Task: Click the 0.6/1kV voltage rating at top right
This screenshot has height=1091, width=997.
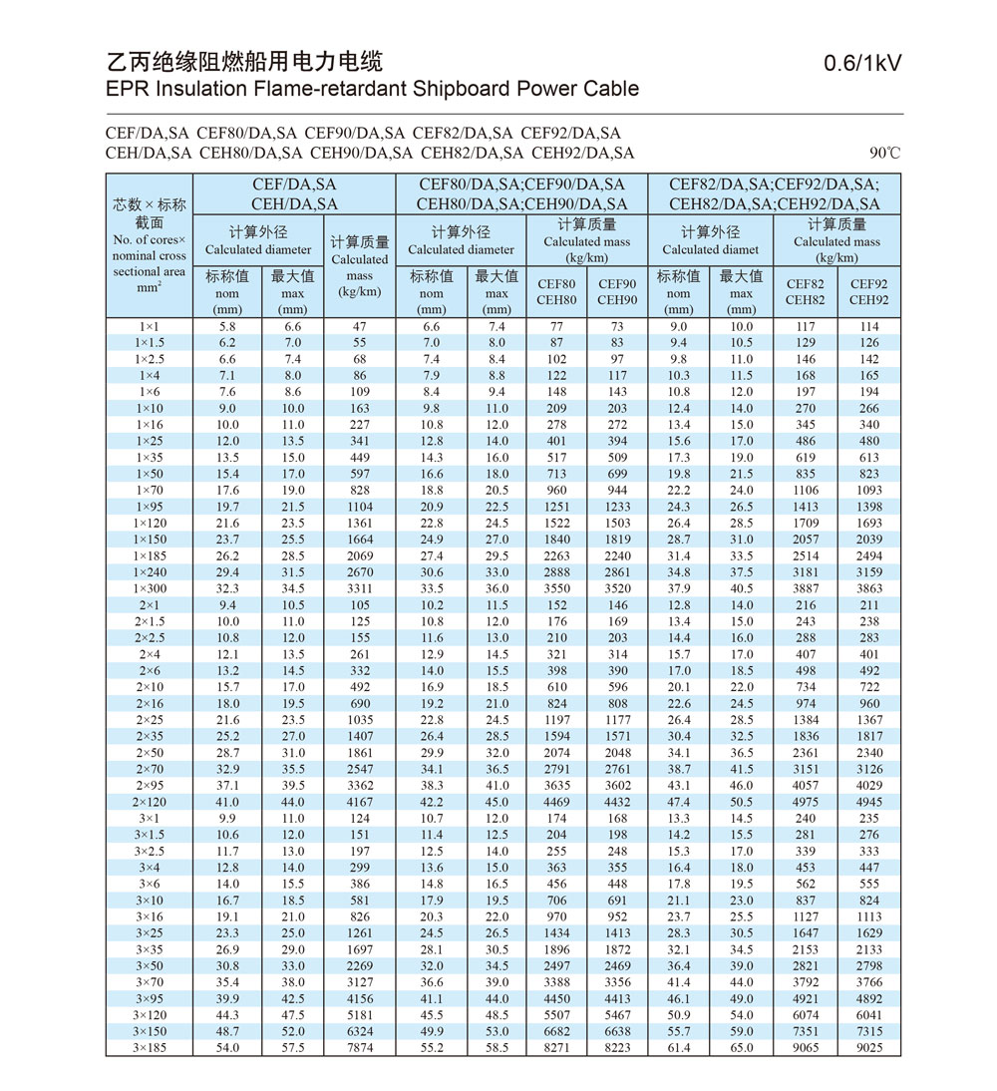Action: coord(862,64)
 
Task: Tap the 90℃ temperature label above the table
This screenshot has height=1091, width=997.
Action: coord(883,154)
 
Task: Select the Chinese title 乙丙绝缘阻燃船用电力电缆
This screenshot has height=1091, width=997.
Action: coord(244,62)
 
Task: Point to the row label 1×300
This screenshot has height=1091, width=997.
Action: coord(150,588)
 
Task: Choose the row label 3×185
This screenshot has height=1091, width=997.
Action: coord(150,1048)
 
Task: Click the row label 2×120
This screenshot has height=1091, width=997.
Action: coord(150,802)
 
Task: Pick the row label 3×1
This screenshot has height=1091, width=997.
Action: coord(150,818)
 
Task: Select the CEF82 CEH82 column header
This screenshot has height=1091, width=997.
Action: coord(805,292)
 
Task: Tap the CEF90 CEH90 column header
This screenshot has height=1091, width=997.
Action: coord(617,292)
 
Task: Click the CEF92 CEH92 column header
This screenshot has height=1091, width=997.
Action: coord(868,292)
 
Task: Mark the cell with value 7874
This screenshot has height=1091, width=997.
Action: coord(359,1048)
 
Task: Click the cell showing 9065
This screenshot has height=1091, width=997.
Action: coord(805,1048)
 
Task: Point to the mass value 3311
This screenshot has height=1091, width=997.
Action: coord(359,588)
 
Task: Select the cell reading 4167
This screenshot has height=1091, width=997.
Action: coord(359,802)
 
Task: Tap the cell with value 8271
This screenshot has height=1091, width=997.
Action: coord(556,1048)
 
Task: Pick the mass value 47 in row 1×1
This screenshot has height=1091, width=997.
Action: coord(359,326)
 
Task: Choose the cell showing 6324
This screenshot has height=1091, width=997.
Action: coord(359,1031)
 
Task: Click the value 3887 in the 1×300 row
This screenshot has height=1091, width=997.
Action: coord(805,588)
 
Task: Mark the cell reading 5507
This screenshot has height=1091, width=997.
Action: coord(556,1015)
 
